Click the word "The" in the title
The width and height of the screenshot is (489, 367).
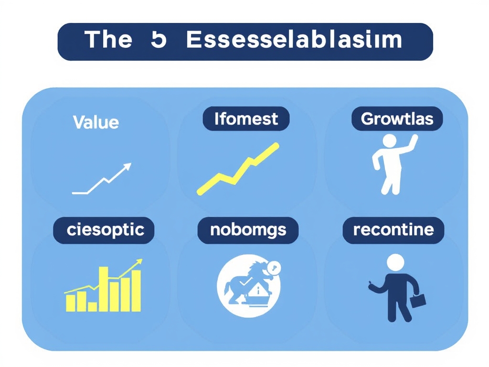click(x=108, y=40)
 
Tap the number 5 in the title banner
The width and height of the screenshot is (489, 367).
click(x=158, y=40)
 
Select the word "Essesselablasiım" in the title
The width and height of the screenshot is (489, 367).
click(x=294, y=40)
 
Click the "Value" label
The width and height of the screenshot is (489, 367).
click(x=96, y=122)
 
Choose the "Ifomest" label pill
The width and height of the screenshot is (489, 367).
click(x=246, y=119)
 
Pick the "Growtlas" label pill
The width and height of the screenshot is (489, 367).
click(x=397, y=119)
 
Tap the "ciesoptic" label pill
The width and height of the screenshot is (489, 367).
click(x=104, y=230)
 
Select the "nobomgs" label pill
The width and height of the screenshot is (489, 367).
click(x=248, y=230)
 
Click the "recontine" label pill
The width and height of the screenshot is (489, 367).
click(x=393, y=230)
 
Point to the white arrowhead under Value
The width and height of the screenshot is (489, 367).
click(x=127, y=167)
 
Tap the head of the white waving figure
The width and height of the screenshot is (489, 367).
click(x=390, y=141)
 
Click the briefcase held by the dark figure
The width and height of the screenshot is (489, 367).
click(x=418, y=300)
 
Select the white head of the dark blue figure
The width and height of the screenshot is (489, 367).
click(x=395, y=263)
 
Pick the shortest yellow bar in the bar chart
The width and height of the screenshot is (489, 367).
click(x=93, y=306)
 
